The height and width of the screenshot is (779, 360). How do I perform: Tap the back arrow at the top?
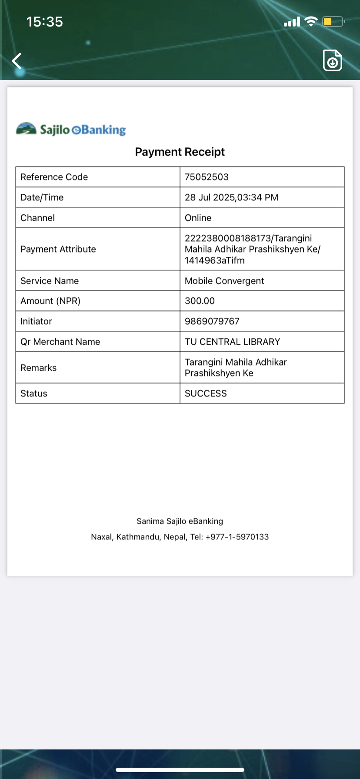[17, 61]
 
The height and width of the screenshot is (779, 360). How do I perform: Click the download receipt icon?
[333, 61]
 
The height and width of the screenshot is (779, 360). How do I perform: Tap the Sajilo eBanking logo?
[71, 129]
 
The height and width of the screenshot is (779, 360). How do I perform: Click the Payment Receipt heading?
[180, 152]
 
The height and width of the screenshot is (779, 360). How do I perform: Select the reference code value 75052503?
[207, 177]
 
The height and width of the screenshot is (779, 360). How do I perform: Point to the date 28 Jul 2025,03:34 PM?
[231, 197]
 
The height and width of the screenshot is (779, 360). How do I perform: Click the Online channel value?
[198, 218]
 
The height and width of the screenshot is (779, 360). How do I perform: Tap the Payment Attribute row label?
[58, 249]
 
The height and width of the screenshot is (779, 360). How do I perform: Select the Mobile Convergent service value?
[224, 281]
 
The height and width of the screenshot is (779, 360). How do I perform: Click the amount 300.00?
[200, 301]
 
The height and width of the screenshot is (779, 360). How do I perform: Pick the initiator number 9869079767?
[212, 321]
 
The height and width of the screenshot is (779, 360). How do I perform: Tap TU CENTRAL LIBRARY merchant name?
[232, 342]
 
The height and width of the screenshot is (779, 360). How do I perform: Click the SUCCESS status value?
[206, 393]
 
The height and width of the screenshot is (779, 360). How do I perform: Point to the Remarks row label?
[38, 368]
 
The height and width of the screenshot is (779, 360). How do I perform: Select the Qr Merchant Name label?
[60, 342]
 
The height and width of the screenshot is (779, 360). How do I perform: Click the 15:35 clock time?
[45, 22]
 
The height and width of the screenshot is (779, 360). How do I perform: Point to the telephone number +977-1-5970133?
[237, 537]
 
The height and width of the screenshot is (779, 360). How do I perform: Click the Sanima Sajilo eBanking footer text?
[180, 521]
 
